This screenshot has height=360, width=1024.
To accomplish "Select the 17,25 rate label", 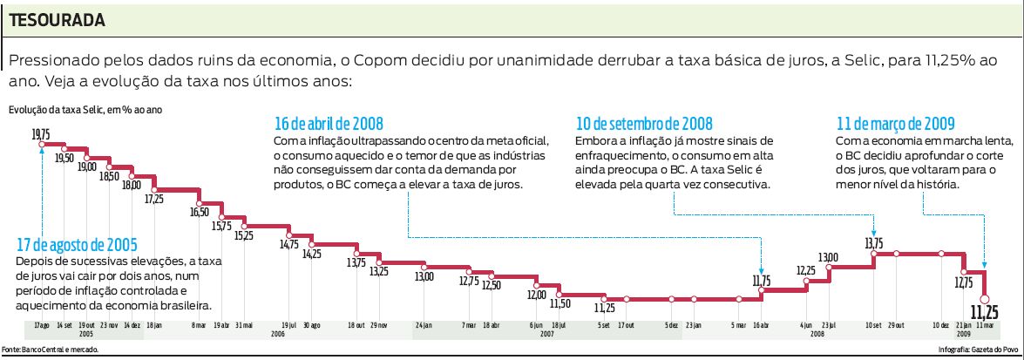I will (153, 199).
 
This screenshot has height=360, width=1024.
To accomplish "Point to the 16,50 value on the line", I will (199, 212).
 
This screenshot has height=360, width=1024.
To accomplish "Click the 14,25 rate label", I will (311, 254).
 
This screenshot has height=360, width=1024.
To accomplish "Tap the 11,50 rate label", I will (559, 303).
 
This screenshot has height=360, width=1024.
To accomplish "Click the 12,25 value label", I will (805, 271).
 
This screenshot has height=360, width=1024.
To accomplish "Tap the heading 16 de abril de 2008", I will (329, 123).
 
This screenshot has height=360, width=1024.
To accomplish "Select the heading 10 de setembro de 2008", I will (644, 123).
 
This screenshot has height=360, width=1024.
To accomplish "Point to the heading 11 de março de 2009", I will (895, 123).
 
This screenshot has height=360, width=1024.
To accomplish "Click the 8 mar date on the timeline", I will (199, 325).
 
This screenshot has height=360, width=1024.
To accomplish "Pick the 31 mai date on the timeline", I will (243, 325).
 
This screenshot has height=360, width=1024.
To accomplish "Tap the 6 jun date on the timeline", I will (535, 325).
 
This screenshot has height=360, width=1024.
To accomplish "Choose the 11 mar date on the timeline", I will (984, 325).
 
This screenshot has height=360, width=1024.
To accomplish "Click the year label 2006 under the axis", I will (278, 334).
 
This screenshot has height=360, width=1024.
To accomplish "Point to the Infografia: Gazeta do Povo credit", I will (977, 350).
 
